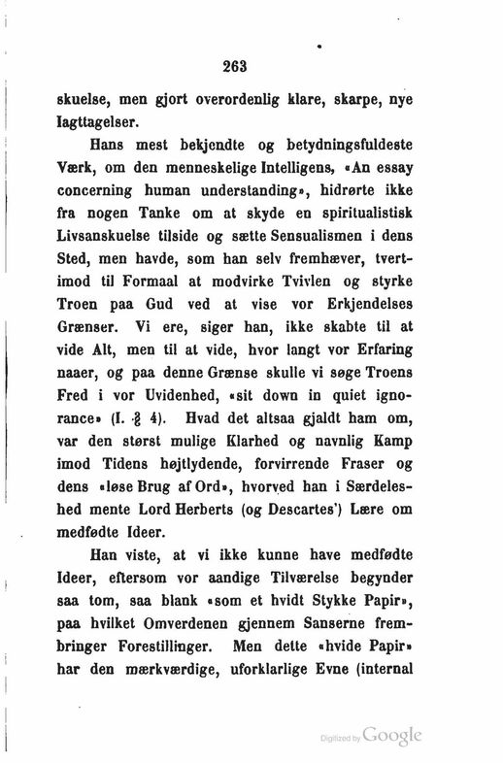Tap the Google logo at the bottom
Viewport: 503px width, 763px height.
(395, 735)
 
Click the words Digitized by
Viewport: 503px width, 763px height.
(345, 739)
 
